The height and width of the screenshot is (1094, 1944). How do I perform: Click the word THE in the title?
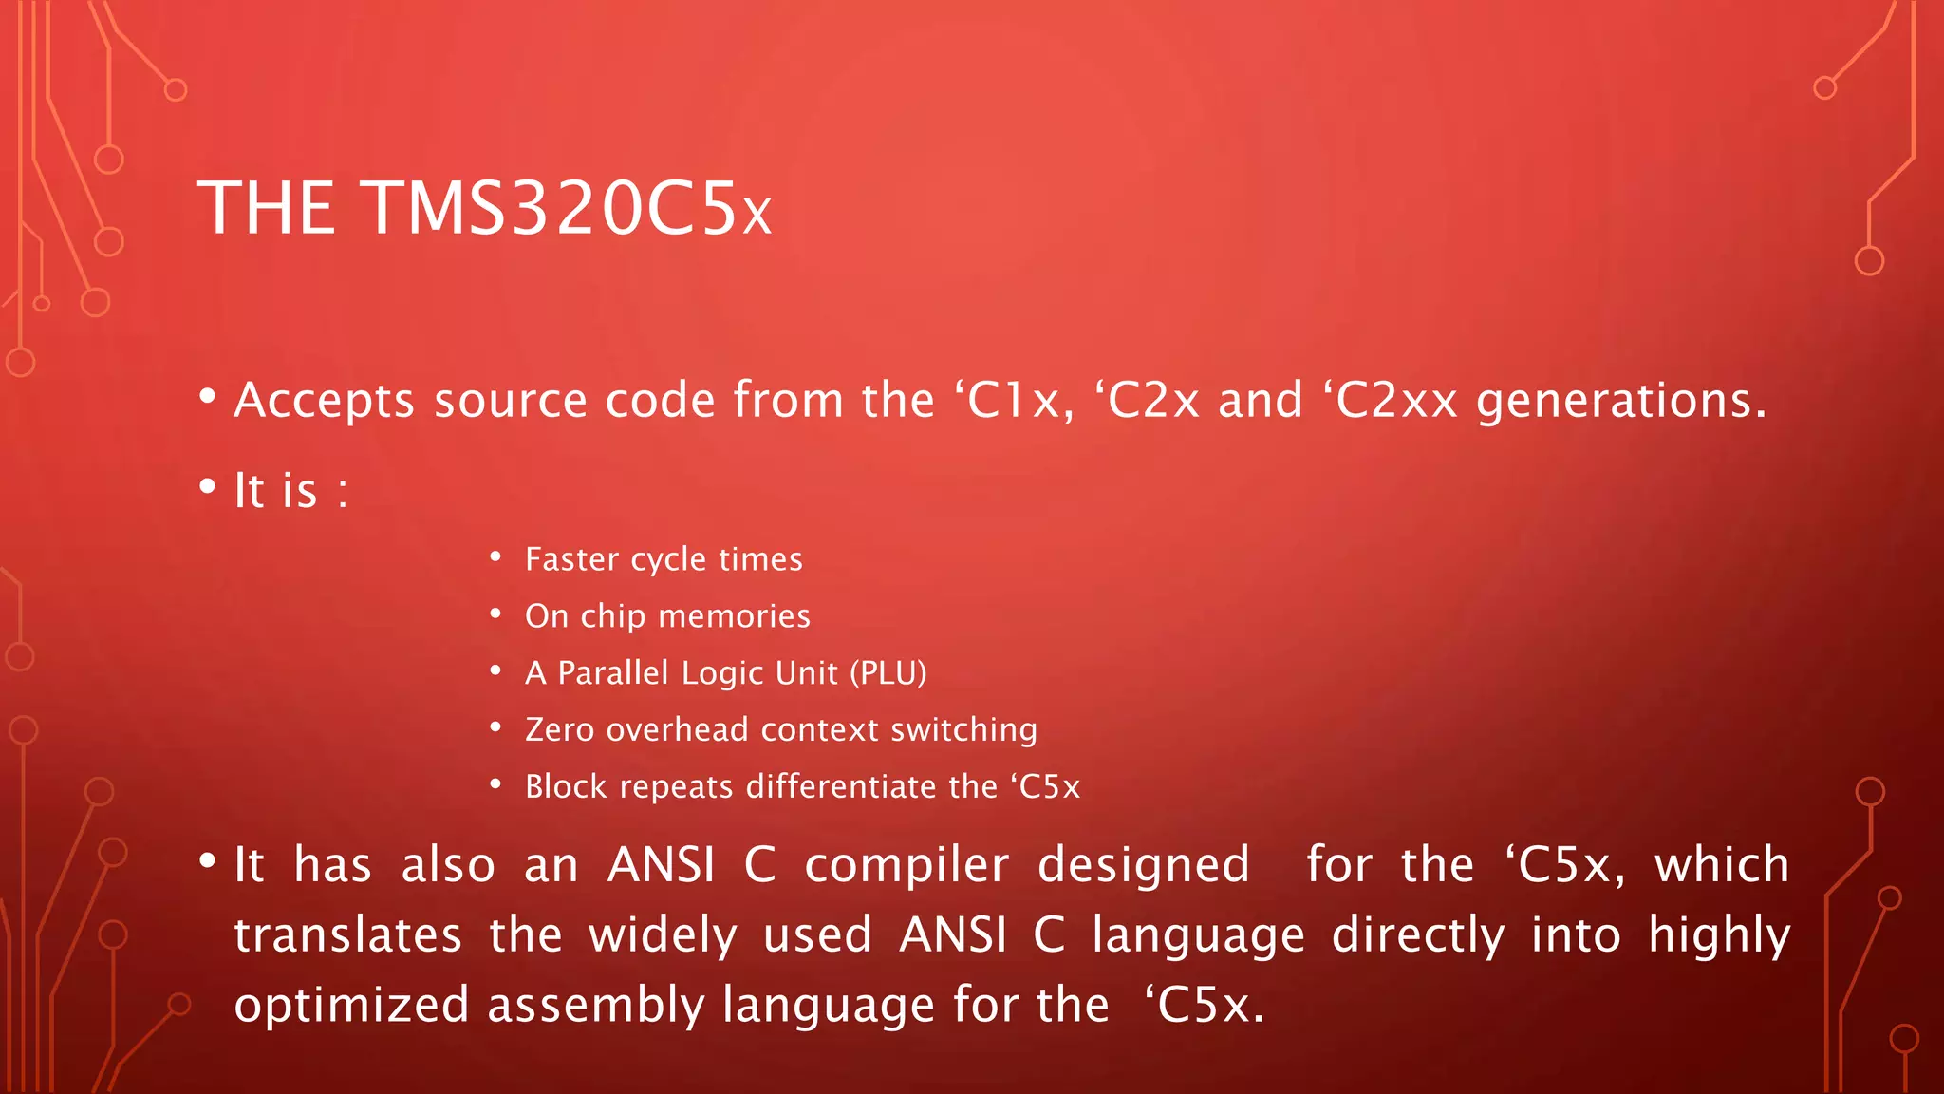pos(267,209)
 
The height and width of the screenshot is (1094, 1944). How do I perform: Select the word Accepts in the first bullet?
pos(324,401)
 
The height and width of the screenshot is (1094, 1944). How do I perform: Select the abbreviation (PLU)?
pos(888,673)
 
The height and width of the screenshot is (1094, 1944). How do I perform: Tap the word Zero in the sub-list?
pos(559,729)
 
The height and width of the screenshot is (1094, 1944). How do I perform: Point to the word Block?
pos(566,786)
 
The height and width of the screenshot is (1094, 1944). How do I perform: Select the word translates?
pos(347,935)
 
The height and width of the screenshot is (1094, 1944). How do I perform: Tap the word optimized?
pos(351,1006)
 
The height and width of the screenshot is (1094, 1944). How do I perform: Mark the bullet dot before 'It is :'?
pos(208,486)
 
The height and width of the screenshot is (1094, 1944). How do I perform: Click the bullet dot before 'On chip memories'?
pos(495,614)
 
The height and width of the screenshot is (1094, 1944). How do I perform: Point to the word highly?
pos(1719,936)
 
